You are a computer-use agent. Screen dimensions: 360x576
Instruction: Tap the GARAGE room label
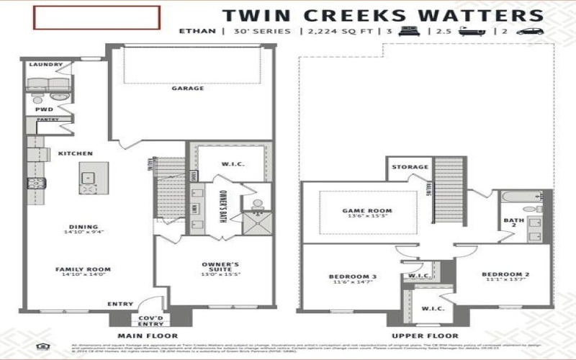click(187, 89)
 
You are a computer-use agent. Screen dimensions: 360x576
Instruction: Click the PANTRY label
click(48, 120)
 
